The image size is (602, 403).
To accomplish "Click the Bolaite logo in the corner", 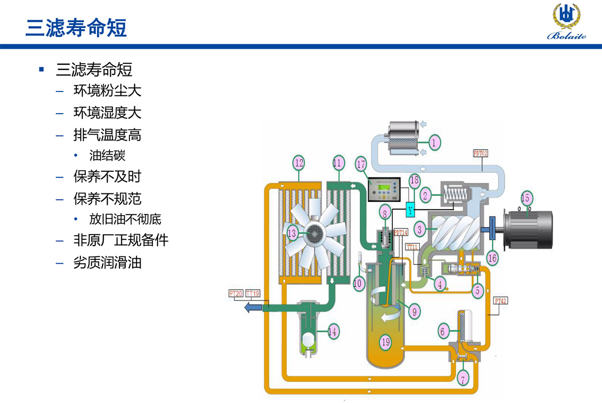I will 566,23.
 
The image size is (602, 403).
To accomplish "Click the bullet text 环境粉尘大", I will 107,90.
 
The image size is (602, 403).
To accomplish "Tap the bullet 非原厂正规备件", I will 120,240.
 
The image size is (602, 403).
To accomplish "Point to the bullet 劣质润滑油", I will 107,262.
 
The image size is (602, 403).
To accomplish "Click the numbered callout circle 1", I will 434,142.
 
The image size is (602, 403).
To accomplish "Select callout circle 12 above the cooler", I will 299,163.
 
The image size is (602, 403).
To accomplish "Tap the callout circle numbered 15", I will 526,197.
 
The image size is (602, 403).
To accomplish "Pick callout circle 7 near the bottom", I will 463,377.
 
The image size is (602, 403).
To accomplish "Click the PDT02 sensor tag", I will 481,152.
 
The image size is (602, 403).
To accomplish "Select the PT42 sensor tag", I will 500,301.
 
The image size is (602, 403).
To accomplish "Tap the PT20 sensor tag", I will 236,293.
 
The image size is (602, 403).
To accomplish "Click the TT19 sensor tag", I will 253,293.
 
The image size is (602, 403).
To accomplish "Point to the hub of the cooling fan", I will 314,233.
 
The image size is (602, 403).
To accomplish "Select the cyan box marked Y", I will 411,211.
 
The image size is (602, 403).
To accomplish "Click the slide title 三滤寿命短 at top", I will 76,27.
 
